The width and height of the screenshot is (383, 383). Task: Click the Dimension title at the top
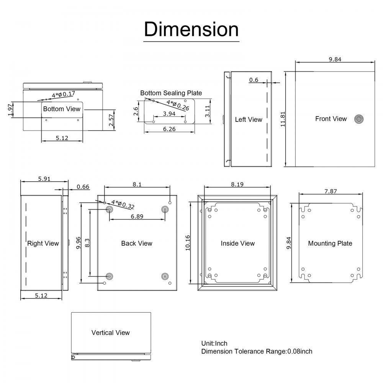click(191, 29)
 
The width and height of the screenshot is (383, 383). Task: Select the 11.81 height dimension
click(283, 119)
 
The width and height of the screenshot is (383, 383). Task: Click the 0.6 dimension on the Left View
click(254, 80)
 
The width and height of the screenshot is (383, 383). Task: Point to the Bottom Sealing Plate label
click(171, 93)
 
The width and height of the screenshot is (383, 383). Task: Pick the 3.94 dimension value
click(169, 114)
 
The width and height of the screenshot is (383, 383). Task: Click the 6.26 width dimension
click(169, 129)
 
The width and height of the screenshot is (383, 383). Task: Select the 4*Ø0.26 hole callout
click(178, 105)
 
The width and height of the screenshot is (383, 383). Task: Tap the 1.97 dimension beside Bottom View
click(10, 110)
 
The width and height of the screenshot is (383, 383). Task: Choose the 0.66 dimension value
click(83, 187)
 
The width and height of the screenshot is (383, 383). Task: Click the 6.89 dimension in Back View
click(137, 216)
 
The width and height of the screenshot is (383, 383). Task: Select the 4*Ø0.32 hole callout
click(123, 204)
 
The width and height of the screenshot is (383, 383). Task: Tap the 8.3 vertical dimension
click(87, 242)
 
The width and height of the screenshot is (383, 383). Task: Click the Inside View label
click(237, 243)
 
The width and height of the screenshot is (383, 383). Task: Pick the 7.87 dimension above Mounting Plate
click(331, 191)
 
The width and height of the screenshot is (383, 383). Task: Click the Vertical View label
click(110, 332)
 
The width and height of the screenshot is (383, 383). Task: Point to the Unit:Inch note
click(214, 344)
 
